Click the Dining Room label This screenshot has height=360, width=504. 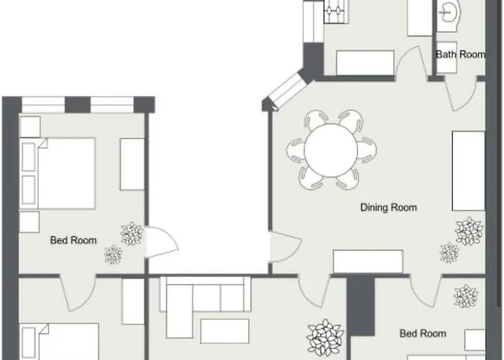coord(389,207)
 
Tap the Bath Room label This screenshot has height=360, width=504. coord(460,54)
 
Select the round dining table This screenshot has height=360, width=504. coord(330,150)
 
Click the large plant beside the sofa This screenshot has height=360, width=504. coord(325,337)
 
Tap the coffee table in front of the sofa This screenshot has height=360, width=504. coord(225,330)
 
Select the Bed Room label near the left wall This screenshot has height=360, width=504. coord(73,240)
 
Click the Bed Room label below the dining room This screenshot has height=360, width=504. coord(423,333)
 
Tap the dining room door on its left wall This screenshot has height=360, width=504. coord(285,246)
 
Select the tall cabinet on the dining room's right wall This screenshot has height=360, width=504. coord(468,171)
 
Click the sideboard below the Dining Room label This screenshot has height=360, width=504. coord(368,261)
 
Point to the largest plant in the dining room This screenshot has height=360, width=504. coord(469,231)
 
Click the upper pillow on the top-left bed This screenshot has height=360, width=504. coord(29,157)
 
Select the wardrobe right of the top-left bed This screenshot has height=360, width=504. coord(132,164)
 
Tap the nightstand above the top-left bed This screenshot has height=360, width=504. coord(30,127)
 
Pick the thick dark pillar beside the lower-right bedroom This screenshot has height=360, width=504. coord(361,306)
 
